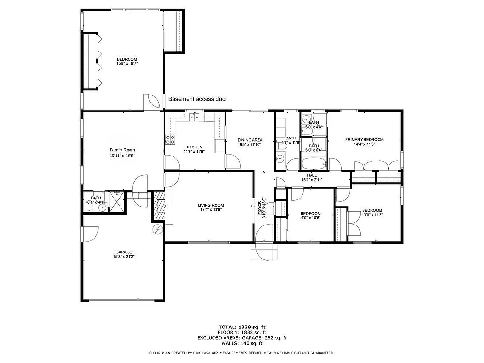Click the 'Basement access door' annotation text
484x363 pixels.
click(x=198, y=99)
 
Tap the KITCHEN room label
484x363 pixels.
click(x=194, y=147)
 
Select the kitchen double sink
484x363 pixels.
click(x=194, y=117)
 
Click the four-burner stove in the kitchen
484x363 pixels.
click(x=170, y=139)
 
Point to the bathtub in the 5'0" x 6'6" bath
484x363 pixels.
click(x=313, y=164)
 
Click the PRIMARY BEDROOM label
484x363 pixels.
click(x=364, y=140)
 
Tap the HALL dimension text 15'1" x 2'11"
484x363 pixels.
click(x=312, y=180)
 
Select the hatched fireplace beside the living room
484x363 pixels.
click(x=160, y=206)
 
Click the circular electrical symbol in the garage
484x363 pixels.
click(x=157, y=229)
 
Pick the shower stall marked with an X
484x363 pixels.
click(x=115, y=202)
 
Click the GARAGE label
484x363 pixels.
click(x=123, y=252)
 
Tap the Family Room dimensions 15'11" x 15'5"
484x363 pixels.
click(x=122, y=156)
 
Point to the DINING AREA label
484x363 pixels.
click(x=250, y=140)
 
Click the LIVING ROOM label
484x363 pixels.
click(x=210, y=205)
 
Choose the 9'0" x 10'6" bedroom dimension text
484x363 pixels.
click(x=311, y=218)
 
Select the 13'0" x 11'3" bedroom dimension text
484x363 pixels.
click(x=372, y=215)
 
